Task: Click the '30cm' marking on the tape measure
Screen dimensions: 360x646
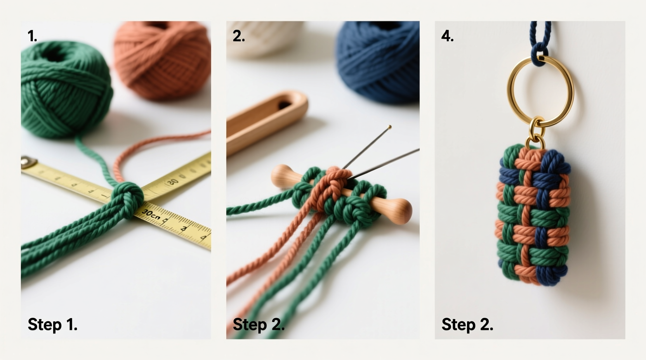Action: tap(151, 214)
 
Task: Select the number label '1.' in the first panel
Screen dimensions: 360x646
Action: tap(32, 36)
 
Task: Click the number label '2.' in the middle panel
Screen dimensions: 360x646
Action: tap(238, 36)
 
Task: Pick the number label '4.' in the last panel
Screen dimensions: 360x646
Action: tap(447, 36)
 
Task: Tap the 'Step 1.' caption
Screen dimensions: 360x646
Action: tap(52, 324)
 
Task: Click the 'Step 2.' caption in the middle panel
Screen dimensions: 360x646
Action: tap(258, 324)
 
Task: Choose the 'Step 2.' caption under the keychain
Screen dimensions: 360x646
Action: tap(467, 324)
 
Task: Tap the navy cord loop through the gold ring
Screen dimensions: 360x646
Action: tap(539, 52)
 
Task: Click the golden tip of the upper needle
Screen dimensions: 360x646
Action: tap(390, 126)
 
